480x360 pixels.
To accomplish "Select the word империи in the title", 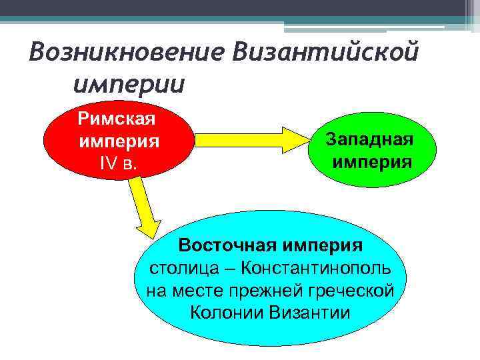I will pos(129,84).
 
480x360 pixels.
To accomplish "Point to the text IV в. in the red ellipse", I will pos(118,163).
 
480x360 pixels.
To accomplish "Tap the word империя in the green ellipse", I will pos(372,161).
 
